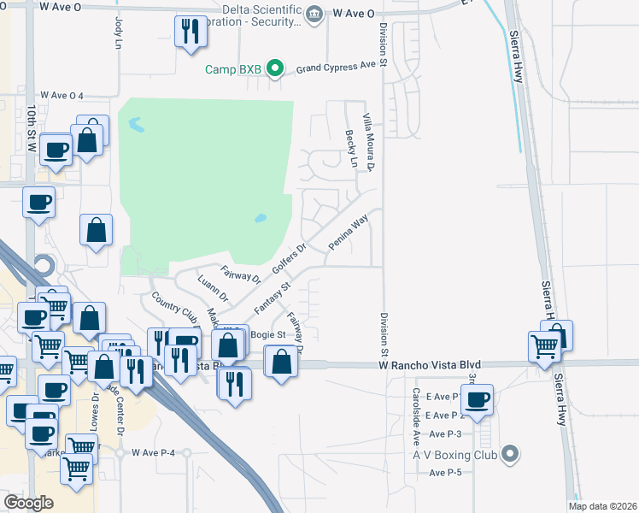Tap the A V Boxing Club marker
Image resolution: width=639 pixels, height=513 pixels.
(511, 453)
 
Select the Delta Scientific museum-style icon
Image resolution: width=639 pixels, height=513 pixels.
(314, 14)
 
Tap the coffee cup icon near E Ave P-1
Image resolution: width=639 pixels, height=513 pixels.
(478, 398)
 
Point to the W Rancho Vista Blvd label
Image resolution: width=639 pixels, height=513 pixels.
(425, 365)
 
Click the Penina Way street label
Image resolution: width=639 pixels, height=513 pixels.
(349, 233)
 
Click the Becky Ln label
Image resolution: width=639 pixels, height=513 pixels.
(349, 142)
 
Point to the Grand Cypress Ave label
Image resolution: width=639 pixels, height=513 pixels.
(336, 66)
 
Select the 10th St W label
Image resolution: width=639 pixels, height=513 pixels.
(30, 128)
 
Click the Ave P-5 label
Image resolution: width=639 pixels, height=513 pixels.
(445, 473)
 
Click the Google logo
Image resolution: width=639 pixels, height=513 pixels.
(27, 503)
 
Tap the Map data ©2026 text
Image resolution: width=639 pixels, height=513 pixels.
(601, 506)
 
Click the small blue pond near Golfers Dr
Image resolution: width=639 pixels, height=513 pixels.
(260, 219)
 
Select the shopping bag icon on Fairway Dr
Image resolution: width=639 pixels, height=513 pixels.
(281, 361)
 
